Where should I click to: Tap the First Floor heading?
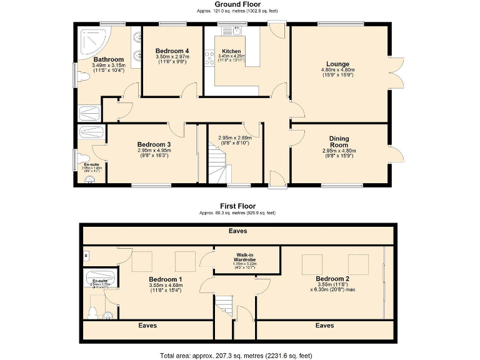(237, 206)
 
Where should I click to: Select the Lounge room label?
(337, 64)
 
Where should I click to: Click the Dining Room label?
(339, 142)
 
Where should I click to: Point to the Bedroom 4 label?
(172, 51)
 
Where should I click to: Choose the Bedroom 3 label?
(154, 144)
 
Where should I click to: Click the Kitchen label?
(231, 51)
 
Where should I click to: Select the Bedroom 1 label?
(166, 279)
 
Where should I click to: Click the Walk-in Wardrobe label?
(244, 257)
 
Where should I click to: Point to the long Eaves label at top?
(237, 231)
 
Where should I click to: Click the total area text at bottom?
(236, 355)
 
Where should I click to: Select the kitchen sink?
(238, 30)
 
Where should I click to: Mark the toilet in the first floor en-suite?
(93, 311)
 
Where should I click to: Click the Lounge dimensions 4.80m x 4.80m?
(337, 69)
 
